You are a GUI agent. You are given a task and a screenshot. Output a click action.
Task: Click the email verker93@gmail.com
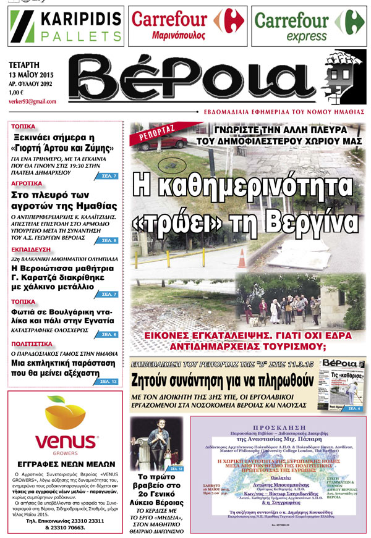[33, 101]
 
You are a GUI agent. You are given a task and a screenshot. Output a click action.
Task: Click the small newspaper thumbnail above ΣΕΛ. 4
[340, 382]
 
